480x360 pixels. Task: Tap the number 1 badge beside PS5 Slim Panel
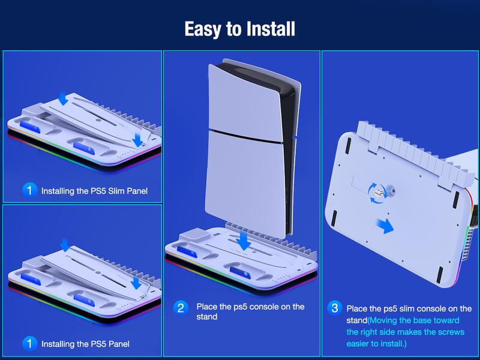29,191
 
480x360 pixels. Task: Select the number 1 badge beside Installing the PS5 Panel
29,344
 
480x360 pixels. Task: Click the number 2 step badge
181,308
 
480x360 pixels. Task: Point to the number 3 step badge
335,308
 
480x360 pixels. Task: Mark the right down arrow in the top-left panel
138,140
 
